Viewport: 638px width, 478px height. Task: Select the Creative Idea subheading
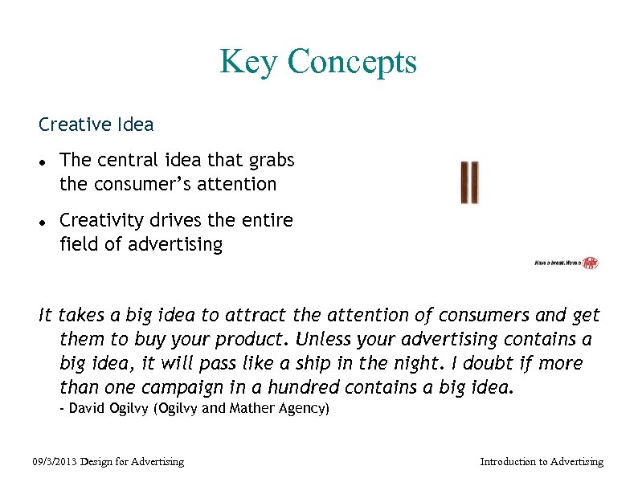[96, 125]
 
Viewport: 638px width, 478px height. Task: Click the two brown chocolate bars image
[469, 182]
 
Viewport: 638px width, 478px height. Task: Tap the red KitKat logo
[591, 263]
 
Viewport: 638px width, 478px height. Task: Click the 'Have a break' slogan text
[557, 263]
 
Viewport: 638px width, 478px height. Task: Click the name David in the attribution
[91, 408]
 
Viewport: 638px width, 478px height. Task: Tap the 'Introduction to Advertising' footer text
[541, 461]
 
